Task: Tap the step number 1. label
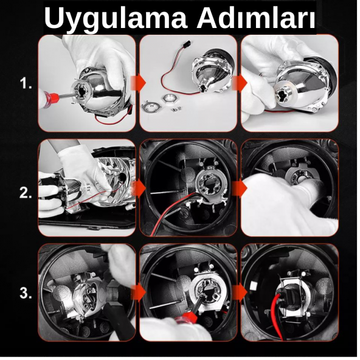(26, 83)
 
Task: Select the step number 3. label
(26, 293)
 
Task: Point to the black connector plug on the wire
(184, 44)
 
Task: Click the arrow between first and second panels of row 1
(138, 83)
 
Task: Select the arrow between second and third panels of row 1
(240, 83)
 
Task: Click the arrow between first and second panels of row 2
(138, 189)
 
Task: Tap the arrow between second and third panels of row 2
(240, 189)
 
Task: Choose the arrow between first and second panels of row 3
(138, 292)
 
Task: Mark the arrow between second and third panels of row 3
(240, 292)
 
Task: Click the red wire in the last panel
(275, 317)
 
